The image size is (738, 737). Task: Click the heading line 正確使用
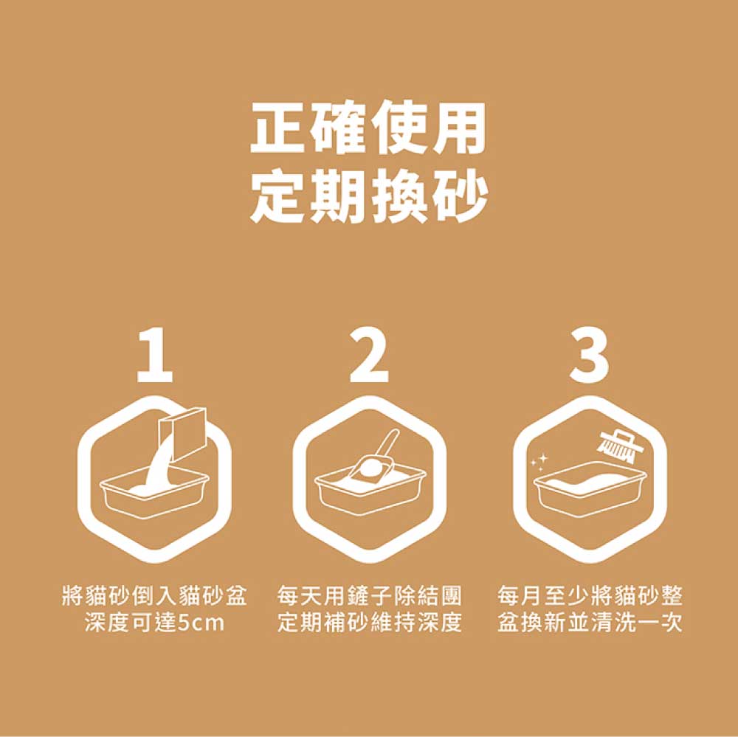point(368,128)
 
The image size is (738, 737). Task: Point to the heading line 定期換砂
point(368,195)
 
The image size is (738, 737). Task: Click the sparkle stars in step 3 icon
point(539,461)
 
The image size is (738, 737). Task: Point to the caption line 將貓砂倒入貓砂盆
point(154,597)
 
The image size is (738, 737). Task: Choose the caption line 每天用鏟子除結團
point(370,597)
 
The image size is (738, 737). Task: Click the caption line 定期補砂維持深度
point(370,623)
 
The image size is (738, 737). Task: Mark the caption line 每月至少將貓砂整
point(590,597)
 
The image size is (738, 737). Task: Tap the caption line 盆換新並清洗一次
point(590,623)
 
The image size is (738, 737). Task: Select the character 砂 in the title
point(458,195)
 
